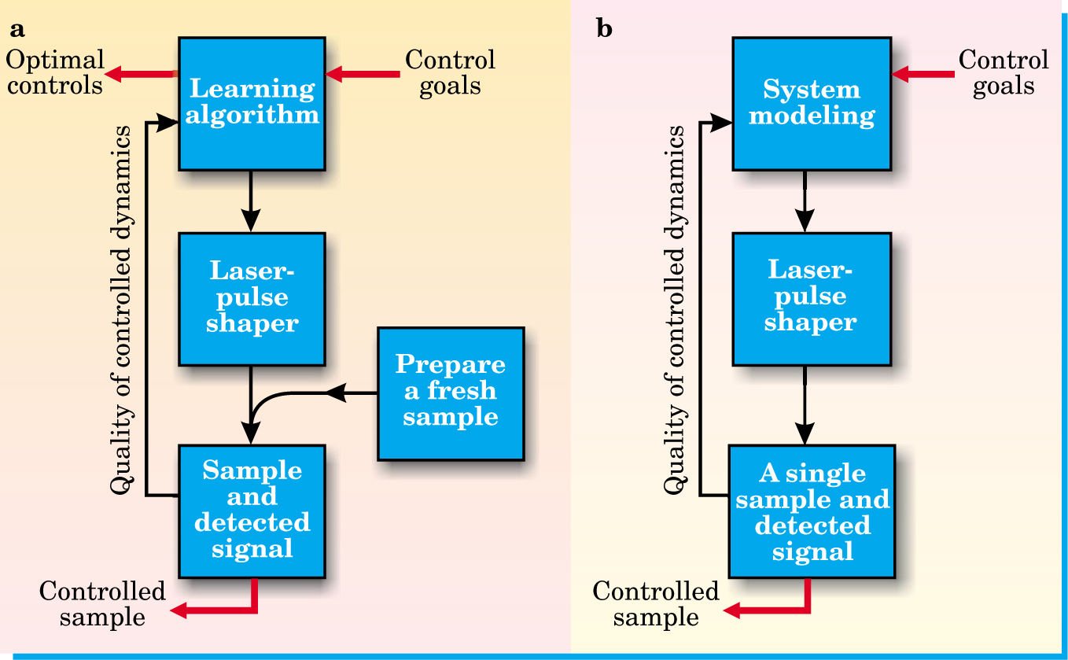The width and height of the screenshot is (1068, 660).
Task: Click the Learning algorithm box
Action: pos(252,102)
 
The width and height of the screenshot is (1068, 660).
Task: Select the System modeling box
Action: pos(812,102)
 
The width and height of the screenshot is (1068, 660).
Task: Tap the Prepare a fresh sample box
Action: pos(451,393)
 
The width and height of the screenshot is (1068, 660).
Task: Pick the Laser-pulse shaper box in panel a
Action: pos(252,298)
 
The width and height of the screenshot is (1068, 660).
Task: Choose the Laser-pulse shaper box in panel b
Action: pos(811,298)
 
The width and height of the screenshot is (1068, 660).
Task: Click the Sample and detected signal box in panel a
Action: pos(252,511)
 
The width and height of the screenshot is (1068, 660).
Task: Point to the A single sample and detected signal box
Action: pos(812,511)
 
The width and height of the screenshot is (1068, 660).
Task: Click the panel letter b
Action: pos(605,30)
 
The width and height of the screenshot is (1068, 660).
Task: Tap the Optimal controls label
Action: pos(54,72)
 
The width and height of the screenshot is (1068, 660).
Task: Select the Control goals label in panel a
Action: pos(450,72)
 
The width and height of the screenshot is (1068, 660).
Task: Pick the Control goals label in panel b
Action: pos(1004,72)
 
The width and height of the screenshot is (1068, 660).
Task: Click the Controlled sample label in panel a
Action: pos(102,604)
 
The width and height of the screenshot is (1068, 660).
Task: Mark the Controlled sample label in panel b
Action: pos(656,604)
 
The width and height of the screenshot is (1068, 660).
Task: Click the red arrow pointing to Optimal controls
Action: pos(142,75)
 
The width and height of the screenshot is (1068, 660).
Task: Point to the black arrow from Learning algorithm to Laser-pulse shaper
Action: pos(252,201)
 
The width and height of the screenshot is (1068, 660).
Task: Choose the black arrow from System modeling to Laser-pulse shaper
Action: pos(805,201)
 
